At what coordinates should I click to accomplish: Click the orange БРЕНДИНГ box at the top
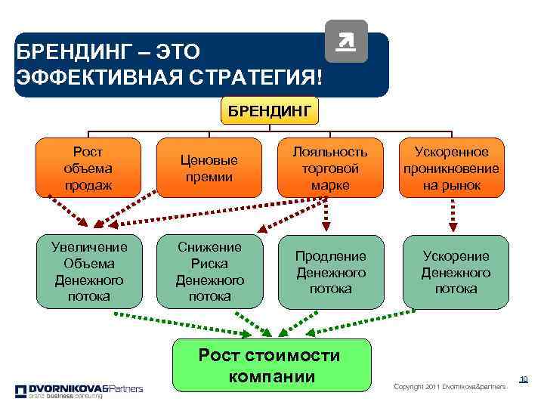[x=270, y=113]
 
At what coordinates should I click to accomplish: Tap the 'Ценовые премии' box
[x=209, y=168]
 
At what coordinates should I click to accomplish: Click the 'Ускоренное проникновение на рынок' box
[x=453, y=168]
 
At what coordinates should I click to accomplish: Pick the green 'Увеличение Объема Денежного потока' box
[x=90, y=272]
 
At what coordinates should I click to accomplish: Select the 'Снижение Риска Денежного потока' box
[x=209, y=272]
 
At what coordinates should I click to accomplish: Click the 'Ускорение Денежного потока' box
[x=456, y=272]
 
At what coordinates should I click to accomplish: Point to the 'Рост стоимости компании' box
[x=273, y=366]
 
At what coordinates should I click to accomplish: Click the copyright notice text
[x=449, y=387]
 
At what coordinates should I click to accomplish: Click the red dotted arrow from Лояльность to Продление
[x=327, y=215]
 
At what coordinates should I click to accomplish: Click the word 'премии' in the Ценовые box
[x=209, y=176]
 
